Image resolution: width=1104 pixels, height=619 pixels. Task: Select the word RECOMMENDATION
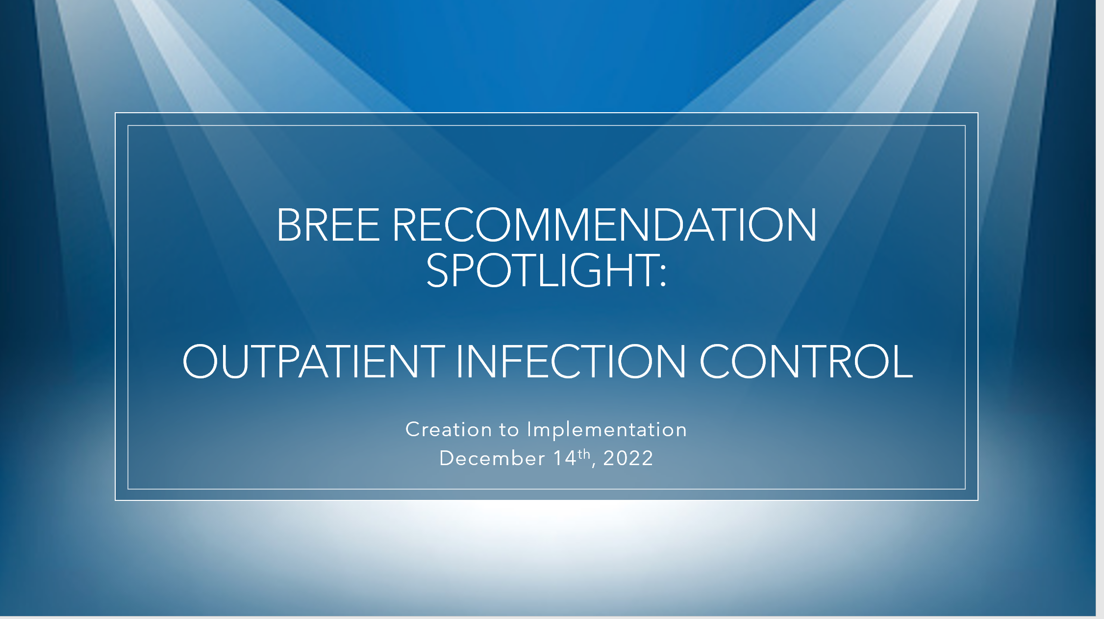(604, 225)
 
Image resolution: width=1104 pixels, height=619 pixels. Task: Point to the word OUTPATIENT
(314, 361)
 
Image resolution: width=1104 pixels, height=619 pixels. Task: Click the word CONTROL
(806, 361)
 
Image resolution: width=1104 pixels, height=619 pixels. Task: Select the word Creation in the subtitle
(449, 430)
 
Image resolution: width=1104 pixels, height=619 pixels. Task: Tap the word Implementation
(606, 430)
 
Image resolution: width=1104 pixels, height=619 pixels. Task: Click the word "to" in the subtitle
(509, 430)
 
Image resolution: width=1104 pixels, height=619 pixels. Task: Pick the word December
(492, 458)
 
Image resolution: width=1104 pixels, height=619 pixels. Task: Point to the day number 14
(565, 458)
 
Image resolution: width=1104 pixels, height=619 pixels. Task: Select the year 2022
(628, 458)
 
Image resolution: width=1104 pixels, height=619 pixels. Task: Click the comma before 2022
(594, 465)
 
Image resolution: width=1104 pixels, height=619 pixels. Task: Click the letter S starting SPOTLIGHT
(437, 270)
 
